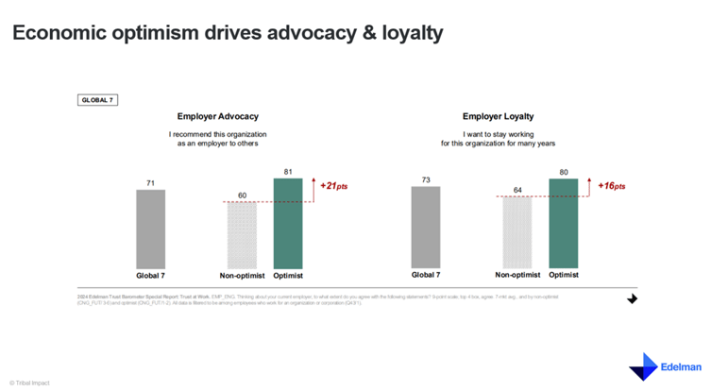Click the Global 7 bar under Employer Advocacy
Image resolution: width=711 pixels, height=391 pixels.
point(150,229)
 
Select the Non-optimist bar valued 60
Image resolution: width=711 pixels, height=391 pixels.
point(242,236)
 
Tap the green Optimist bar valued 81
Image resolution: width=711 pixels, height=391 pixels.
point(288,224)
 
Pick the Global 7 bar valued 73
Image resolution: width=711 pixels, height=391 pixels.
point(426,228)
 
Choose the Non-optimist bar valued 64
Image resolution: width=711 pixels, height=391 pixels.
point(517,233)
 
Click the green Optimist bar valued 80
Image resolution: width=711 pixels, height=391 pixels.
point(564,224)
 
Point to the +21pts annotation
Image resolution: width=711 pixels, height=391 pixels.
point(334,186)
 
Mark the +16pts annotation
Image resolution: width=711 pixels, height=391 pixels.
point(611,186)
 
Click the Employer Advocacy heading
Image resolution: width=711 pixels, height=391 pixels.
point(218,117)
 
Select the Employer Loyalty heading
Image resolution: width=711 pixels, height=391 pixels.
point(499,117)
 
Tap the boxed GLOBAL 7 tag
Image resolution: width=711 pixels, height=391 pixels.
point(97,99)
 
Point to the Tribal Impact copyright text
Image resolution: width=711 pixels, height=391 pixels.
point(29,382)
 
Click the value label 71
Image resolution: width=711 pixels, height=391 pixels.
point(150,182)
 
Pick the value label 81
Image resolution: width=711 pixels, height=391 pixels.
point(288,171)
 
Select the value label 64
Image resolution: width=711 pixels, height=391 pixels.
point(517,190)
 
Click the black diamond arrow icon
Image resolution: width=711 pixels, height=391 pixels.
point(632,298)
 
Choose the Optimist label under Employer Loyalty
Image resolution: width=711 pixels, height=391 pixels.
point(564,276)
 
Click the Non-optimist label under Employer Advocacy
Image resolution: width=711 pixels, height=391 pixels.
point(242,276)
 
